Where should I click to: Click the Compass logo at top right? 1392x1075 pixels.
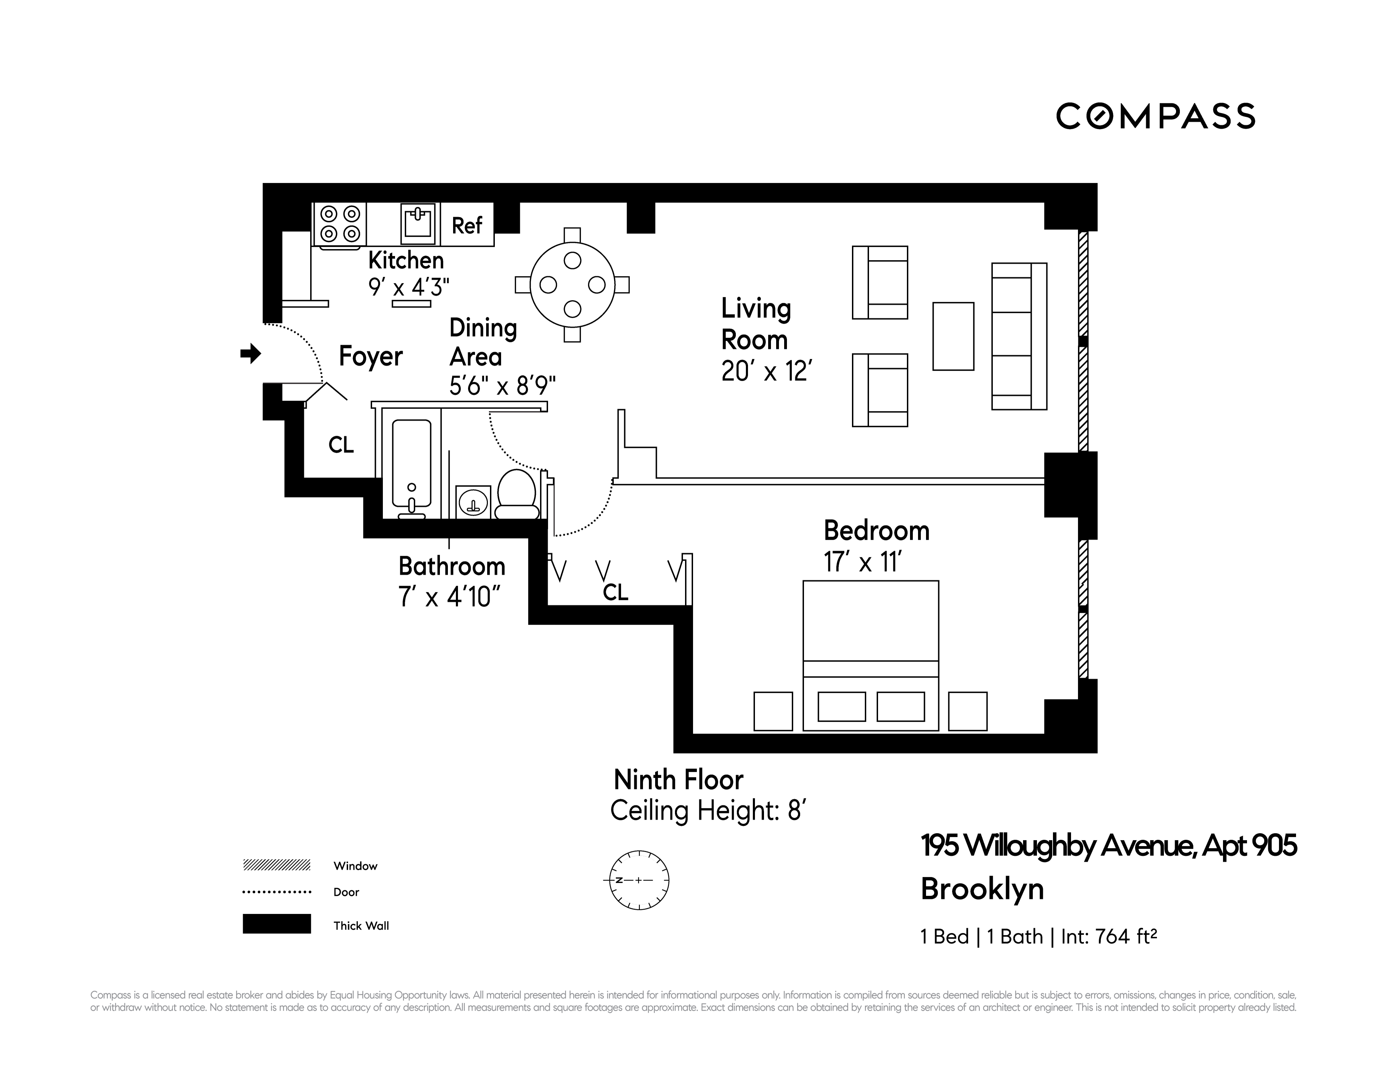[1155, 117]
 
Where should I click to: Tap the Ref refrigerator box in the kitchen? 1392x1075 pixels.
[467, 225]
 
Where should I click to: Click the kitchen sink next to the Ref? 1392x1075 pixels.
[418, 224]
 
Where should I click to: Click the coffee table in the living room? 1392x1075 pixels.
[953, 336]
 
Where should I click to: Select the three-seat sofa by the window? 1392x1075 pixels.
[1019, 336]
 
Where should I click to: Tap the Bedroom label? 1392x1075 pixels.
[876, 530]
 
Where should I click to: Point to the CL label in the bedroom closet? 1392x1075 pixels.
[615, 592]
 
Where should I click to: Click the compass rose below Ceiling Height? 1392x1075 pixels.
[639, 880]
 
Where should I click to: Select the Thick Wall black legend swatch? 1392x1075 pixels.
[276, 924]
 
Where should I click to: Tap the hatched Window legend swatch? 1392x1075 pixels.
[276, 865]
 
